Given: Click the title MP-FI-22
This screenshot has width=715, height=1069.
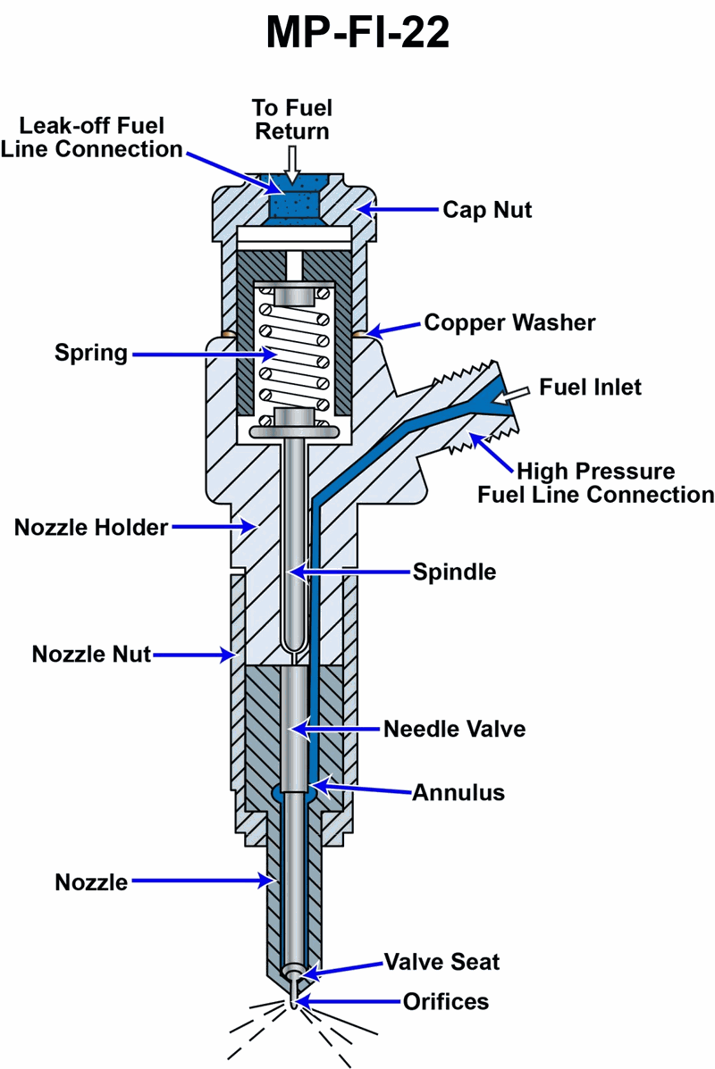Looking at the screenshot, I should pyautogui.click(x=357, y=35).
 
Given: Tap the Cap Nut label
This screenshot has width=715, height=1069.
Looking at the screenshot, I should pyautogui.click(x=487, y=210).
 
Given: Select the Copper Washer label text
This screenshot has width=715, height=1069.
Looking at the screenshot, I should pyautogui.click(x=509, y=322).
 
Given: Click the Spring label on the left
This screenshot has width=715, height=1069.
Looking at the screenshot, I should pyautogui.click(x=90, y=353).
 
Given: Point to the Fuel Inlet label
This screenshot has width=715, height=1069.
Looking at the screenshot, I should pyautogui.click(x=591, y=388).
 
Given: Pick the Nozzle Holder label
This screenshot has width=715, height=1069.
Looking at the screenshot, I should pyautogui.click(x=91, y=527).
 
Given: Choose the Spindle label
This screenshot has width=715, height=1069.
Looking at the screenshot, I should pyautogui.click(x=454, y=572).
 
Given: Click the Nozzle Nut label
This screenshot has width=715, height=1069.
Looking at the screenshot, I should pyautogui.click(x=91, y=654).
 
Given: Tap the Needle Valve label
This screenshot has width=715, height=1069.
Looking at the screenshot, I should pyautogui.click(x=454, y=729).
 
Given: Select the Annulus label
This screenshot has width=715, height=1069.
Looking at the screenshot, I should pyautogui.click(x=458, y=792).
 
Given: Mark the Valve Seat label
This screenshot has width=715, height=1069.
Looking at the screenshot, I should pyautogui.click(x=442, y=962).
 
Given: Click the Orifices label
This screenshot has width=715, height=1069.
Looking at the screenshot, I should pyautogui.click(x=443, y=1001).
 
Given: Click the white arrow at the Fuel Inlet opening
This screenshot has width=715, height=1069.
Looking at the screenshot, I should pyautogui.click(x=516, y=393).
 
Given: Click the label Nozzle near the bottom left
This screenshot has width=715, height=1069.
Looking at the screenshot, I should pyautogui.click(x=91, y=882).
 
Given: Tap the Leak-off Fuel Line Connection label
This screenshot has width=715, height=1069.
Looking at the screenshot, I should pyautogui.click(x=91, y=137).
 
